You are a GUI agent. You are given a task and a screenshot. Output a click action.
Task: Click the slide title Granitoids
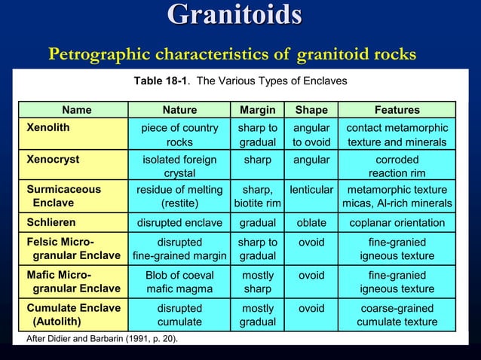click(x=234, y=16)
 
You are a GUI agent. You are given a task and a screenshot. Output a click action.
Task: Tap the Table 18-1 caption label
click(x=161, y=81)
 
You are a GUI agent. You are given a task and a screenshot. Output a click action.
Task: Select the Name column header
click(x=76, y=110)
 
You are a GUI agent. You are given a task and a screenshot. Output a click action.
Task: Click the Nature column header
click(x=179, y=110)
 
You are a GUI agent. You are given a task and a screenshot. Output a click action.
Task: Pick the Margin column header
click(x=257, y=110)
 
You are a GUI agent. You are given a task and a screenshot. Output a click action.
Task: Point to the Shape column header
click(x=311, y=110)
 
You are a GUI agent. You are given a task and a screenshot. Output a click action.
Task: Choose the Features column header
click(x=397, y=110)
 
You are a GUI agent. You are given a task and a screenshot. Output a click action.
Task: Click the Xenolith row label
click(x=48, y=128)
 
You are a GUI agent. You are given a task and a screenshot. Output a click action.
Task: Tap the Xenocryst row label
click(x=53, y=160)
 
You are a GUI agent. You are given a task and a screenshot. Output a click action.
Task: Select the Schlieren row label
click(x=51, y=223)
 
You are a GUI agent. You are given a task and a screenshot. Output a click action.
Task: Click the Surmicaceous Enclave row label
click(x=63, y=197)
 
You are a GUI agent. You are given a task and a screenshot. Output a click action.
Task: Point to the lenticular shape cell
click(x=311, y=190)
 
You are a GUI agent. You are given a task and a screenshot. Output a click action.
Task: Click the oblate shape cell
click(x=311, y=223)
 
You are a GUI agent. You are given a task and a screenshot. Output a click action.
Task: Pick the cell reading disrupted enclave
click(x=179, y=223)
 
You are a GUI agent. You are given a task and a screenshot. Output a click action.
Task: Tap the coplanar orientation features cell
click(x=397, y=223)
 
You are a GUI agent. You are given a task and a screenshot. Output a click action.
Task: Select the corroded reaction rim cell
click(x=397, y=166)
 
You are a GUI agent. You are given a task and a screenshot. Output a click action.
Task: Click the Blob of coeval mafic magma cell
click(x=179, y=282)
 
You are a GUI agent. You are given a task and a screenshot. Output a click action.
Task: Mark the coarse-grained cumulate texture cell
click(x=397, y=314)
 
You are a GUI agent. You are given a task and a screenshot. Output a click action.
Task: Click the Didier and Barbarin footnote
click(x=103, y=338)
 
